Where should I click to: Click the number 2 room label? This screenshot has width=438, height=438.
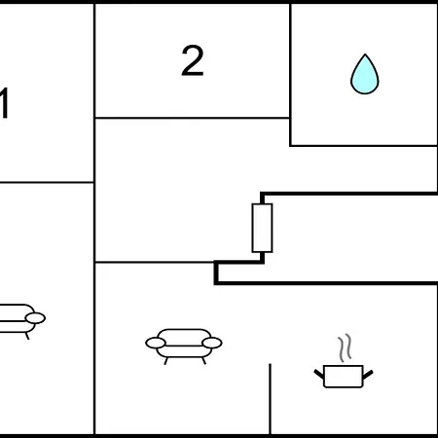[193, 60]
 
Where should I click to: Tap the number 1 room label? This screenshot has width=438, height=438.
[4, 103]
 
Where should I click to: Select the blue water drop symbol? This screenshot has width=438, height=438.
[365, 75]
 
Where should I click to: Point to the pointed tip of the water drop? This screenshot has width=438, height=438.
[365, 55]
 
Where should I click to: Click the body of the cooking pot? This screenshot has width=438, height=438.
[344, 377]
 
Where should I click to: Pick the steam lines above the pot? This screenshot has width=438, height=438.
[345, 347]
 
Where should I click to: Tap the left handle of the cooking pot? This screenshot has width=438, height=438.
[319, 374]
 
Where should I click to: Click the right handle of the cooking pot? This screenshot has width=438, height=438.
[368, 375]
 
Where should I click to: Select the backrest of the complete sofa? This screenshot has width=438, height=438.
[184, 334]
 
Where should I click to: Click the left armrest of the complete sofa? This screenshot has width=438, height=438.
[156, 343]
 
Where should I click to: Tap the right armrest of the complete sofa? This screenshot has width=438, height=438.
[212, 343]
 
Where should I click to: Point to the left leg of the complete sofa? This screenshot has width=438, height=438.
[166, 361]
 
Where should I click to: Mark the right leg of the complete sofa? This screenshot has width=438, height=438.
[203, 361]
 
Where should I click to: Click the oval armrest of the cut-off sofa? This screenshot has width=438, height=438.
[35, 318]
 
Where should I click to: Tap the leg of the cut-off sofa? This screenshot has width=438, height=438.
[27, 336]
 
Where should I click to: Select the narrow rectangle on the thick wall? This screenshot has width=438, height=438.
[262, 228]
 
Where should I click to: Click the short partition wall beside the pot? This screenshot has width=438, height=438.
[270, 399]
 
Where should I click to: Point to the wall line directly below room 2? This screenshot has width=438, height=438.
[192, 118]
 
